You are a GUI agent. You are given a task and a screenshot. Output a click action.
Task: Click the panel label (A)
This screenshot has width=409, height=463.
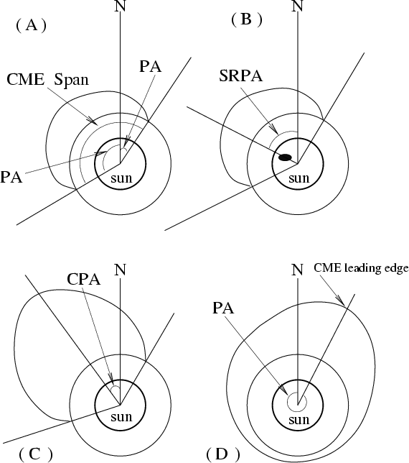coord(32,26)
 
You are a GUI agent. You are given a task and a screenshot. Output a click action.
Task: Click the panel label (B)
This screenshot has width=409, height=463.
coord(246,20)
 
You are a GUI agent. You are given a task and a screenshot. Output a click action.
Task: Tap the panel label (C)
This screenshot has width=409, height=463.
coord(36,454)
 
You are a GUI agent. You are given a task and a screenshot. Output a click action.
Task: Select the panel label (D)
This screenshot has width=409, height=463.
coord(223,454)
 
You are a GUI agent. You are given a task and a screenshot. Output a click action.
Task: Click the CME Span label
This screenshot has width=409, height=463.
coord(47,79)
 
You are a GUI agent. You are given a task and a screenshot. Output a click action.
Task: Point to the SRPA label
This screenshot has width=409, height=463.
coord(240,75)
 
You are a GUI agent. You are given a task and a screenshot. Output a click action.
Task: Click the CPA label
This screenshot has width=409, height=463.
coord(84,279)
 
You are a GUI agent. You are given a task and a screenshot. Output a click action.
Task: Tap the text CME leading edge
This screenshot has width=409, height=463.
coord(361,268)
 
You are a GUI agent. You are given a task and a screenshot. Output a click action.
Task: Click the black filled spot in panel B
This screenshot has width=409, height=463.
coord(285,157)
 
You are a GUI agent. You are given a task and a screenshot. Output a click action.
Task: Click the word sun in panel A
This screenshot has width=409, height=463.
coord(121,178)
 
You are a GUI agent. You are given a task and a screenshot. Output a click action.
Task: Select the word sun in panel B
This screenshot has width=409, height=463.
coord(298,178)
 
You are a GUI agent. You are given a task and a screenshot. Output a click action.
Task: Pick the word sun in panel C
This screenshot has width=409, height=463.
coord(121,417)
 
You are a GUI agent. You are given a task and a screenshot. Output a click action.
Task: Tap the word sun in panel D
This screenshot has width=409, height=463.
coord(298,420)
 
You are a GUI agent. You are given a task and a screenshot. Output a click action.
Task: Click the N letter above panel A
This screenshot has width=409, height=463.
coord(120,6)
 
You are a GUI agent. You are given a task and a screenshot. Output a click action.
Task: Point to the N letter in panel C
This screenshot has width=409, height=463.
coord(120,270)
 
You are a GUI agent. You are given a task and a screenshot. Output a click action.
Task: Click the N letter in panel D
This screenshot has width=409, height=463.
coord(297,270)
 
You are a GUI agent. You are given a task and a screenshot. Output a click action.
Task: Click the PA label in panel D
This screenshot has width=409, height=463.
coord(223,308)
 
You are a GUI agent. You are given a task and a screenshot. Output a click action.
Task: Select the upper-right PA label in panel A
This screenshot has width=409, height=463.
coord(150,67)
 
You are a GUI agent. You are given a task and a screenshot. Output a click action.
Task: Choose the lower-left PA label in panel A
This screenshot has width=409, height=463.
coord(11,178)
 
